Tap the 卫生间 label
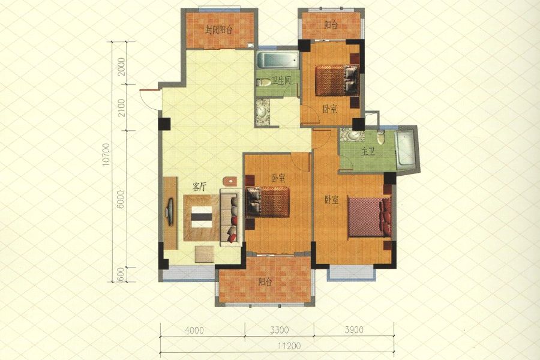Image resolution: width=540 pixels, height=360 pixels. click(281, 81)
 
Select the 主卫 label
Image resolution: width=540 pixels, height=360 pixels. click(368, 152)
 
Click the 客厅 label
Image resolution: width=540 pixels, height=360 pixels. click(199, 187)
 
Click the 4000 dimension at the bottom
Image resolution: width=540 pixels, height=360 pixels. click(194, 331)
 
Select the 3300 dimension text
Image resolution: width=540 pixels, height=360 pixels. click(279, 331)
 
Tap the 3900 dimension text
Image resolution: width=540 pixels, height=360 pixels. click(354, 330)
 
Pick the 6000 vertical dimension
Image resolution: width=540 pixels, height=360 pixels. click(120, 199)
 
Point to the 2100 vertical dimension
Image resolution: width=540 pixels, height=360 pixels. click(121, 107)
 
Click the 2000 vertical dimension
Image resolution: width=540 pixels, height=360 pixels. click(121, 67)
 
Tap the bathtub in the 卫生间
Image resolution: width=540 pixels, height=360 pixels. click(278, 60)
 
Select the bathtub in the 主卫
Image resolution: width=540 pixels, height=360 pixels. click(405, 150)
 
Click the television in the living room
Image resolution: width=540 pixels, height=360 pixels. click(170, 212)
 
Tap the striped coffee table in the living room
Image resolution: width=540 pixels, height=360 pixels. click(202, 217)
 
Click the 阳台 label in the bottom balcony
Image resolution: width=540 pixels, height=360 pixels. click(265, 282)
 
